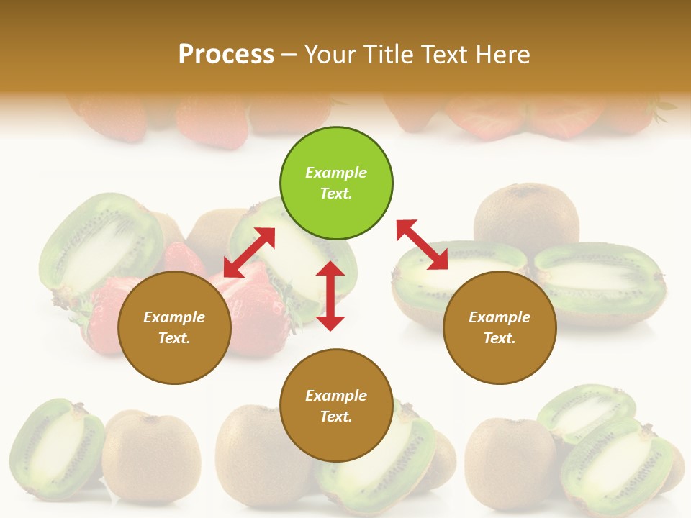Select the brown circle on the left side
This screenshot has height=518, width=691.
[174, 327]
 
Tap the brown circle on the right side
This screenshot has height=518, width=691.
[500, 327]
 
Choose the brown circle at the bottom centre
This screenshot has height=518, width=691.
[336, 405]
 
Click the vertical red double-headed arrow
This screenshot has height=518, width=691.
[330, 296]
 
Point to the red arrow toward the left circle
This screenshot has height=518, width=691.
[249, 253]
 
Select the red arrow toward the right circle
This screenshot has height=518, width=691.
[423, 245]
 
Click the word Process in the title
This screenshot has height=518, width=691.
[226, 54]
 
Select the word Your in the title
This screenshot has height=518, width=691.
[328, 54]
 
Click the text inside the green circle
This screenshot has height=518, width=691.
[336, 183]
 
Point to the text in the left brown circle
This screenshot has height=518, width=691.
[174, 327]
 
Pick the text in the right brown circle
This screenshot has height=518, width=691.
[500, 327]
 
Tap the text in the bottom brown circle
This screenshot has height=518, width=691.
[336, 406]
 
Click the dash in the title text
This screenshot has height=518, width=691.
[289, 55]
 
